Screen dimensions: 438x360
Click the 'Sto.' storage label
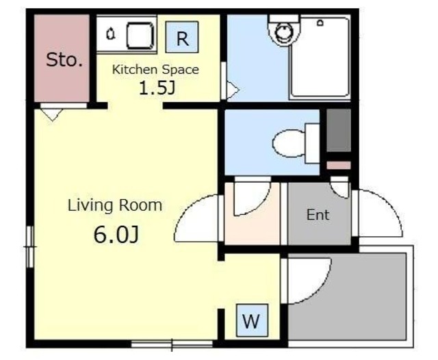(x=64, y=60)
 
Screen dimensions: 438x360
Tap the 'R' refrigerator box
(x=182, y=37)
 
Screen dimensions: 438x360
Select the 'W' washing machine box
(x=252, y=320)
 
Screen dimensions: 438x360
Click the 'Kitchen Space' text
(x=155, y=70)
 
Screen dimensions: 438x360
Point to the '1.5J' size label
(x=157, y=88)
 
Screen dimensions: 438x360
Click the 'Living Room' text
(x=115, y=205)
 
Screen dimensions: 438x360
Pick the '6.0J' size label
(x=116, y=235)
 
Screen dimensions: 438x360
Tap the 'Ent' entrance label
(x=318, y=215)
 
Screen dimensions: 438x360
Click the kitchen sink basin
(x=140, y=36)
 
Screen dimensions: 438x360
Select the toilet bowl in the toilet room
(x=288, y=144)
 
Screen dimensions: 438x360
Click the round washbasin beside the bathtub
(x=284, y=31)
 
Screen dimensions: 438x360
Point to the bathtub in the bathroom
(x=320, y=57)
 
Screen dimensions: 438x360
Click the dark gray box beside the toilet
(x=339, y=130)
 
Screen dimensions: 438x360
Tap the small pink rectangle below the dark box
(x=339, y=166)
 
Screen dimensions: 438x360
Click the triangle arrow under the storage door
(x=52, y=115)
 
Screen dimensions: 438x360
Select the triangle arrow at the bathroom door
(x=233, y=90)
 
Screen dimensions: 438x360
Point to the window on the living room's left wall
(x=30, y=246)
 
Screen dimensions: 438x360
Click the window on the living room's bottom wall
(x=172, y=345)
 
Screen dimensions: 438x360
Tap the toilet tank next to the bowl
(x=312, y=143)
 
